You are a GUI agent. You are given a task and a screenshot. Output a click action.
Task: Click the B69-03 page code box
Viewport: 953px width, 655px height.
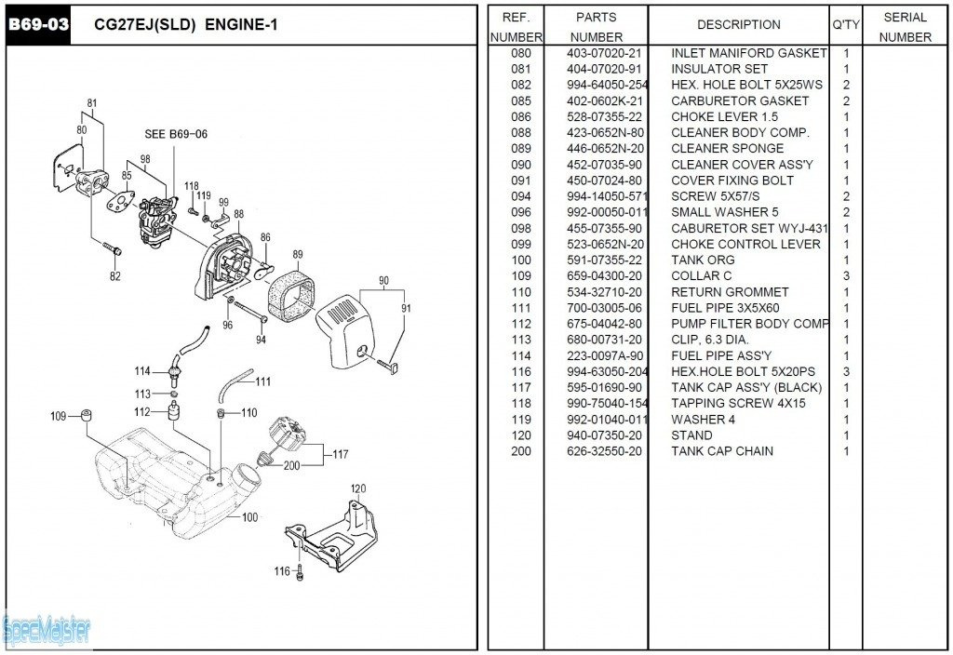click(38, 25)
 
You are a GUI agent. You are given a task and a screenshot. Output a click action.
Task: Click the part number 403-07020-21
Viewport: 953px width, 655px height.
click(604, 53)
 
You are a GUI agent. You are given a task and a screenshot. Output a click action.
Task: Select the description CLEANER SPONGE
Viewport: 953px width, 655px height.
click(727, 148)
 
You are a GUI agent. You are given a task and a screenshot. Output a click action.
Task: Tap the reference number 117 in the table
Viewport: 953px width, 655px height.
click(521, 387)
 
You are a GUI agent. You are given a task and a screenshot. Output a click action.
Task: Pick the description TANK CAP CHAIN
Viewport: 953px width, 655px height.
click(722, 451)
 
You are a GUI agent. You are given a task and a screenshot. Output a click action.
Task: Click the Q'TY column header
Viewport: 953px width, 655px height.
click(846, 25)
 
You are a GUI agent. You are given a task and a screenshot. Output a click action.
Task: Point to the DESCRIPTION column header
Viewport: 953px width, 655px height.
click(739, 25)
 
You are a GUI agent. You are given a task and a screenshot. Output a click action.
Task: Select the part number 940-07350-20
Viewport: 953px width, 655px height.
click(604, 435)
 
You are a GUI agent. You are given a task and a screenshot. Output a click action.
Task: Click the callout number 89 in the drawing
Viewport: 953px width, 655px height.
click(298, 255)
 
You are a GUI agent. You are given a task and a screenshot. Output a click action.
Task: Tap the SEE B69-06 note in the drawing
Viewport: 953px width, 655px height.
click(176, 134)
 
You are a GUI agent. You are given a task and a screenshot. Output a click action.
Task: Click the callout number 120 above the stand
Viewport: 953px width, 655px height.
click(358, 488)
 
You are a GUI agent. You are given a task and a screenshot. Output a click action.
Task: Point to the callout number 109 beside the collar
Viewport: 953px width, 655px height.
click(58, 416)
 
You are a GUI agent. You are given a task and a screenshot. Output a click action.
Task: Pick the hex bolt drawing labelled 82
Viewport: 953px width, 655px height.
click(113, 249)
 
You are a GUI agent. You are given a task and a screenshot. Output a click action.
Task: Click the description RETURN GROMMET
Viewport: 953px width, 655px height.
click(730, 292)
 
